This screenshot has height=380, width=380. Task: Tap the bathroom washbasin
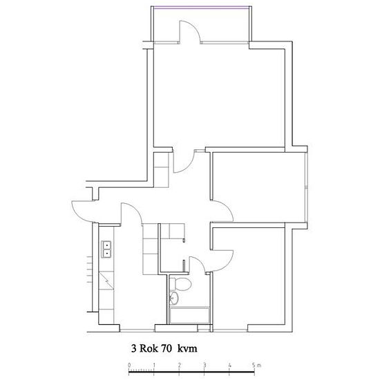click(174, 298)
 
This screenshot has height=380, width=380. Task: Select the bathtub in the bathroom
click(189, 315)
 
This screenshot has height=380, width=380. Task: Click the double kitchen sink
click(106, 249)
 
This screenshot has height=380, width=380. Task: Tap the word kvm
click(187, 349)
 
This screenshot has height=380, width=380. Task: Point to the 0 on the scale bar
click(129, 365)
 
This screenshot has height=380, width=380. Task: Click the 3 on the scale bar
click(205, 365)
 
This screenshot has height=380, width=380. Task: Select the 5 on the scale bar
click(254, 365)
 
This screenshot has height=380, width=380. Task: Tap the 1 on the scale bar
click(154, 365)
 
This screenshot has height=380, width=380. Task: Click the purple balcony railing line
click(201, 8)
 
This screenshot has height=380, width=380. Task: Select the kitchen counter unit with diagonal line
click(106, 281)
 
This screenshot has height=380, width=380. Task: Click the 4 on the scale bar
click(229, 365)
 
